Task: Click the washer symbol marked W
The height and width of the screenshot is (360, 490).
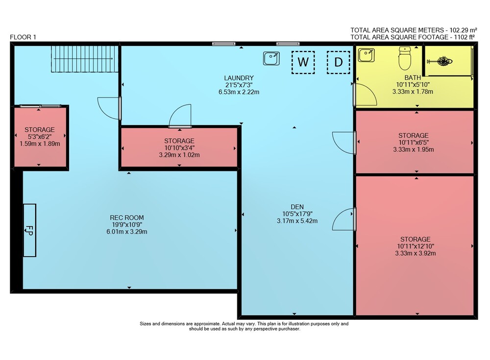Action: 303,62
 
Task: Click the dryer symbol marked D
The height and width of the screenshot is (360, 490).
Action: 339,62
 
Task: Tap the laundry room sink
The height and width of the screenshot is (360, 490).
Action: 271,58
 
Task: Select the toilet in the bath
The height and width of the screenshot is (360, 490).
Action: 405,58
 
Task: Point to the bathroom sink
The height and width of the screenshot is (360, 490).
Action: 366,55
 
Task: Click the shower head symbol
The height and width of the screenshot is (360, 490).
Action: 440,61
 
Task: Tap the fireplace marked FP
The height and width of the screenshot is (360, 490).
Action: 30,230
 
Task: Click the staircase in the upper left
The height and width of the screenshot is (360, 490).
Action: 85,59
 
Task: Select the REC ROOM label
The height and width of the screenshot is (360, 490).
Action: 127,217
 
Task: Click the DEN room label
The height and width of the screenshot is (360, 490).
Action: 297,207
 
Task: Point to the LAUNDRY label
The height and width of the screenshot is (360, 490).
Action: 239,78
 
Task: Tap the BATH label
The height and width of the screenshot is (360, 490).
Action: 413,77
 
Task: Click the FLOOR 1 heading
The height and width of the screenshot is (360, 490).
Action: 23,37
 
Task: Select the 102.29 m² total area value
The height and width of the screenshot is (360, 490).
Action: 463,30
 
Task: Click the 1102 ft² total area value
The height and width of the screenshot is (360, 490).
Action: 461,37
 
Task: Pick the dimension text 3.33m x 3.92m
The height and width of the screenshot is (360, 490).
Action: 416,253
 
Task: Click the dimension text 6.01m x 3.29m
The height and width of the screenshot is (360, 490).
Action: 127,232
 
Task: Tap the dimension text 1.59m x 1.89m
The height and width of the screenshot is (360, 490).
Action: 40,144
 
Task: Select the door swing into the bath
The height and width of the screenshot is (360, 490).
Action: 365,95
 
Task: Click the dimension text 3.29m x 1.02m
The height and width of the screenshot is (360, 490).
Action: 179,155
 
